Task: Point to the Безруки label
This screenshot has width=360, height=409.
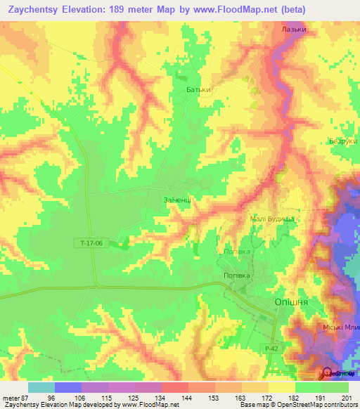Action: (343, 141)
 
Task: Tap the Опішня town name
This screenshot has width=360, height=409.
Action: (288, 301)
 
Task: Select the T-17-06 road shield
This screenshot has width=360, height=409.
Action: (91, 243)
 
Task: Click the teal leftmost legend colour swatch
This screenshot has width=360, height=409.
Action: (41, 387)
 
